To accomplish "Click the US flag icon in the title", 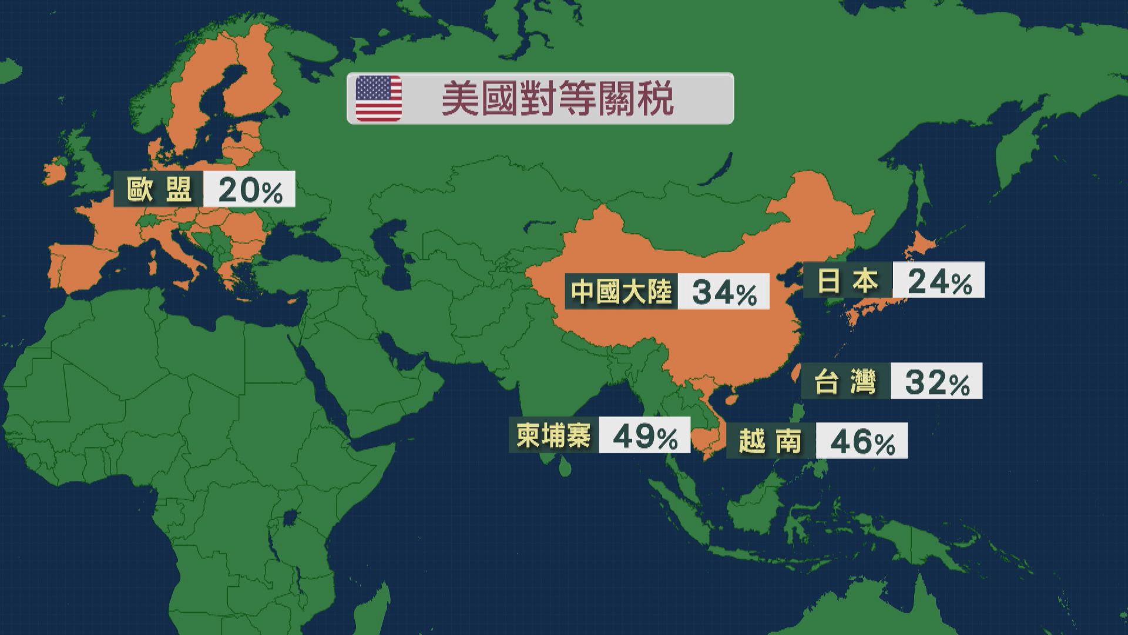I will coord(379,98).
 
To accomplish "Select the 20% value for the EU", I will coord(250,190).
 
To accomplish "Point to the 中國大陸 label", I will coord(621,291).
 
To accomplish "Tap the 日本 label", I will coord(848,281).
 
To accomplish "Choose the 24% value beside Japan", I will coord(939,281).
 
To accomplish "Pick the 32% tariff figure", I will coord(936,382).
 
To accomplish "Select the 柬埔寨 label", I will coord(553,436).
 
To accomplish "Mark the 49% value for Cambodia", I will coord(644,436).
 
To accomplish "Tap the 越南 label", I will coord(770,441).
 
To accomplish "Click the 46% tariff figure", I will coord(862,441).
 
